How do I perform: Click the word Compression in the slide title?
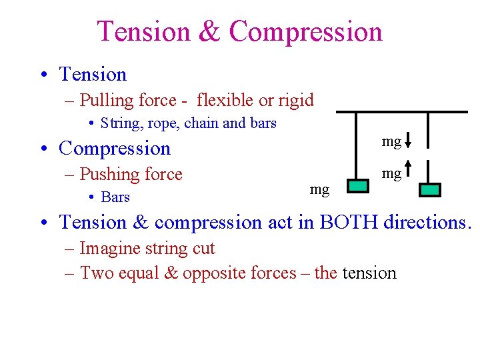tap(305, 31)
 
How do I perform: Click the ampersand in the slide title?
tap(209, 31)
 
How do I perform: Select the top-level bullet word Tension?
tap(93, 75)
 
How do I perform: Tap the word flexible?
tap(225, 100)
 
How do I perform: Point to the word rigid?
tap(293, 100)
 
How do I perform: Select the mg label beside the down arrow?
tap(391, 141)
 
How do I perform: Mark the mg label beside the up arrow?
tap(391, 174)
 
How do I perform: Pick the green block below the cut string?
tap(430, 190)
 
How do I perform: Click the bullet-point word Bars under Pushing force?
tap(115, 197)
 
